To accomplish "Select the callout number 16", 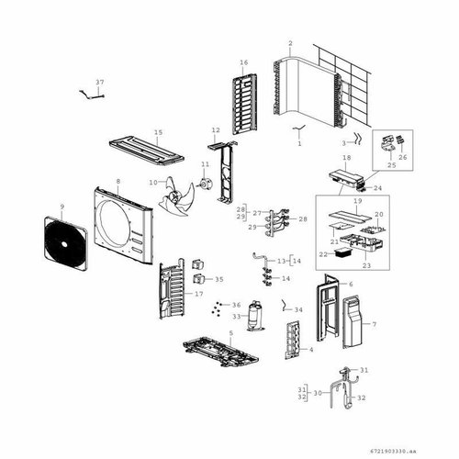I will coord(244,62).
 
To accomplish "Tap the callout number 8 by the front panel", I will coord(118,182).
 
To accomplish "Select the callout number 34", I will coord(298,309).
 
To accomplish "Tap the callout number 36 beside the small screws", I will coord(236,305).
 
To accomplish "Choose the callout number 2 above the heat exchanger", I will coord(290,43).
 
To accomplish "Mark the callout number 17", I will coord(198,294).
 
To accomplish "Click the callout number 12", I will coord(216,130).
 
